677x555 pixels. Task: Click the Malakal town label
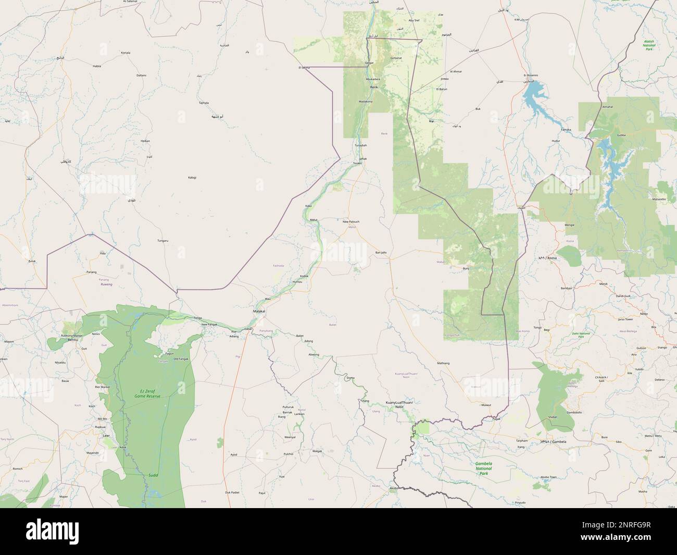pos(259,311)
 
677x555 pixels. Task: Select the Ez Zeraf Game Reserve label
pos(146,393)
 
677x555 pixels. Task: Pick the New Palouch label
pos(350,221)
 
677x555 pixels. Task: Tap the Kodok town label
pos(304,276)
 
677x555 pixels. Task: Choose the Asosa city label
pos(548,258)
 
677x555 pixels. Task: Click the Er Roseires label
pos(531,75)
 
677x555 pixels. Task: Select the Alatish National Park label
pos(648,45)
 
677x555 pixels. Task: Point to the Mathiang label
pos(443,363)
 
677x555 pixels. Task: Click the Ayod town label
pos(234,454)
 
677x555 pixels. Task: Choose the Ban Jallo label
pos(381,252)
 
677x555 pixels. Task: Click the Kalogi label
pos(192,178)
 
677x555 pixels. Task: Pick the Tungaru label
pos(163,241)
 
